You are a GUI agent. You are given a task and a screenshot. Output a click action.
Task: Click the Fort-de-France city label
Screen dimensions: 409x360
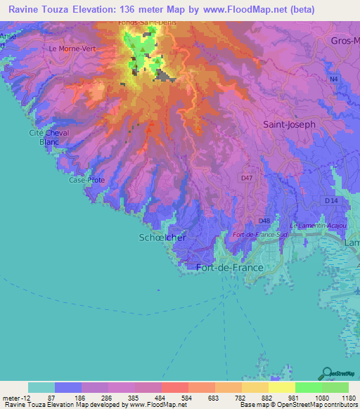(x=230, y=268)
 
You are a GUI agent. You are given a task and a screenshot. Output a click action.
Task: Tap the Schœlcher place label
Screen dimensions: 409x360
(x=162, y=238)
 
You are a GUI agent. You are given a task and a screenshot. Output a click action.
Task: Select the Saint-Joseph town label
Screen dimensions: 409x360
(x=289, y=124)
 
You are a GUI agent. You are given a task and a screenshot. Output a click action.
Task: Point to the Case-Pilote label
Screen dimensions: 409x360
(x=86, y=180)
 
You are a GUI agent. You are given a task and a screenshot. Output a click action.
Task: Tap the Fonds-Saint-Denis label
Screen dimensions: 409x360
(x=147, y=22)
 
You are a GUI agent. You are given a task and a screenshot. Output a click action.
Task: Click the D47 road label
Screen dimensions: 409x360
(x=246, y=178)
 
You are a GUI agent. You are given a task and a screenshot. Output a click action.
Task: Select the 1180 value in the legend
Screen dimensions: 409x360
(x=348, y=397)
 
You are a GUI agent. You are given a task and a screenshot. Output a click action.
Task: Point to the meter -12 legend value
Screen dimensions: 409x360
(x=15, y=397)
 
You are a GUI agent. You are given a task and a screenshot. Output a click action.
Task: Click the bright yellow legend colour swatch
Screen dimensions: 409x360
(x=281, y=387)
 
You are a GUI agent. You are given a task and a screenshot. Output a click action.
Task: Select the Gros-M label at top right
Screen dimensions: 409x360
(x=345, y=41)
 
